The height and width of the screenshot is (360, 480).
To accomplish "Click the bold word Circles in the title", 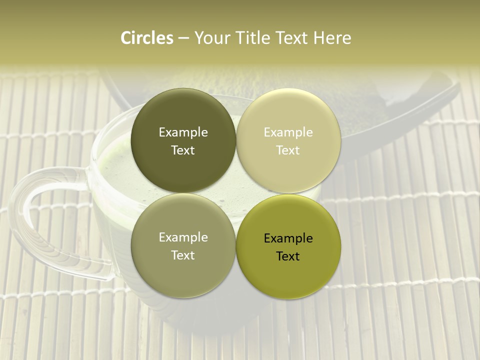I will [147, 38].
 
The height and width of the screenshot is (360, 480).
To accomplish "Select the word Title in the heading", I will [248, 38].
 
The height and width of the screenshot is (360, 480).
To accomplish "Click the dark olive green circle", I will [183, 140].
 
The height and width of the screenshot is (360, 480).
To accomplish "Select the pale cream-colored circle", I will [288, 140].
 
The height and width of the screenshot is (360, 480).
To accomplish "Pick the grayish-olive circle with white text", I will [183, 245].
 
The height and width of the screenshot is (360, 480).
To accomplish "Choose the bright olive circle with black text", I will [288, 246].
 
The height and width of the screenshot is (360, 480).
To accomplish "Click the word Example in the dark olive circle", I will [183, 132].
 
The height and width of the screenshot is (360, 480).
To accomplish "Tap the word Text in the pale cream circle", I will [288, 150].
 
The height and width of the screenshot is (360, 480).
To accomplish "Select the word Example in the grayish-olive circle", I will [183, 237].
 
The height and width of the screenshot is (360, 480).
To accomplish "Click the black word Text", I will [288, 256].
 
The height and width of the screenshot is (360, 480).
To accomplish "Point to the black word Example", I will [288, 238].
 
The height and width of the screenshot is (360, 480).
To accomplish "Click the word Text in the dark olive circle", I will [183, 150].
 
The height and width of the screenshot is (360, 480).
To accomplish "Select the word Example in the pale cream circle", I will [288, 132].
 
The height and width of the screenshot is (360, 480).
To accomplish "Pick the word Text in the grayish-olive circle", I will [183, 255].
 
